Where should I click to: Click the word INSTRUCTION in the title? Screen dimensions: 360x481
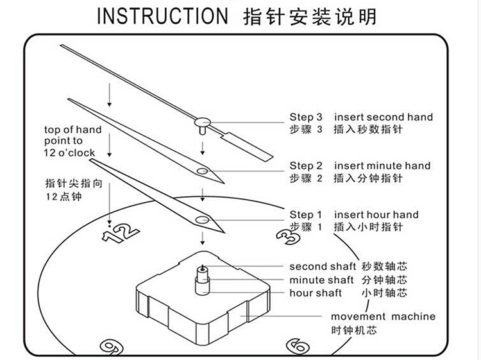(x=162, y=16)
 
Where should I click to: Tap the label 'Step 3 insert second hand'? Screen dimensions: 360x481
(x=360, y=117)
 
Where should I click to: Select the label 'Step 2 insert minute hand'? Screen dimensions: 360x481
(x=360, y=166)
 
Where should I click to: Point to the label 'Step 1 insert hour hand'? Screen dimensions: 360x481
(x=353, y=215)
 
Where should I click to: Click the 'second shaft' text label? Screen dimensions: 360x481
(x=317, y=266)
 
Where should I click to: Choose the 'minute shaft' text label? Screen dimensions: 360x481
(x=321, y=280)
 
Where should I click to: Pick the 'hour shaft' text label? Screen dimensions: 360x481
(x=315, y=293)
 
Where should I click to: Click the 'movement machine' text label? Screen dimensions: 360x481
(x=383, y=316)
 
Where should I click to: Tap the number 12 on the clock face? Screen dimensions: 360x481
(x=121, y=232)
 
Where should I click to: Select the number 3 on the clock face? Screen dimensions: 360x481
(x=287, y=237)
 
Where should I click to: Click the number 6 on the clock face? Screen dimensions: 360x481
(x=297, y=347)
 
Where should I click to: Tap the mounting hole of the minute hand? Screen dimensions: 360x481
(x=203, y=171)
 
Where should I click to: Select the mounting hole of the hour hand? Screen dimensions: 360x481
(x=204, y=220)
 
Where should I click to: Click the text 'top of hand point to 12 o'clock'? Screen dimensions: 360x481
(x=72, y=141)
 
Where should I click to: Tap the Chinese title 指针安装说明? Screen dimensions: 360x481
(x=310, y=16)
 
